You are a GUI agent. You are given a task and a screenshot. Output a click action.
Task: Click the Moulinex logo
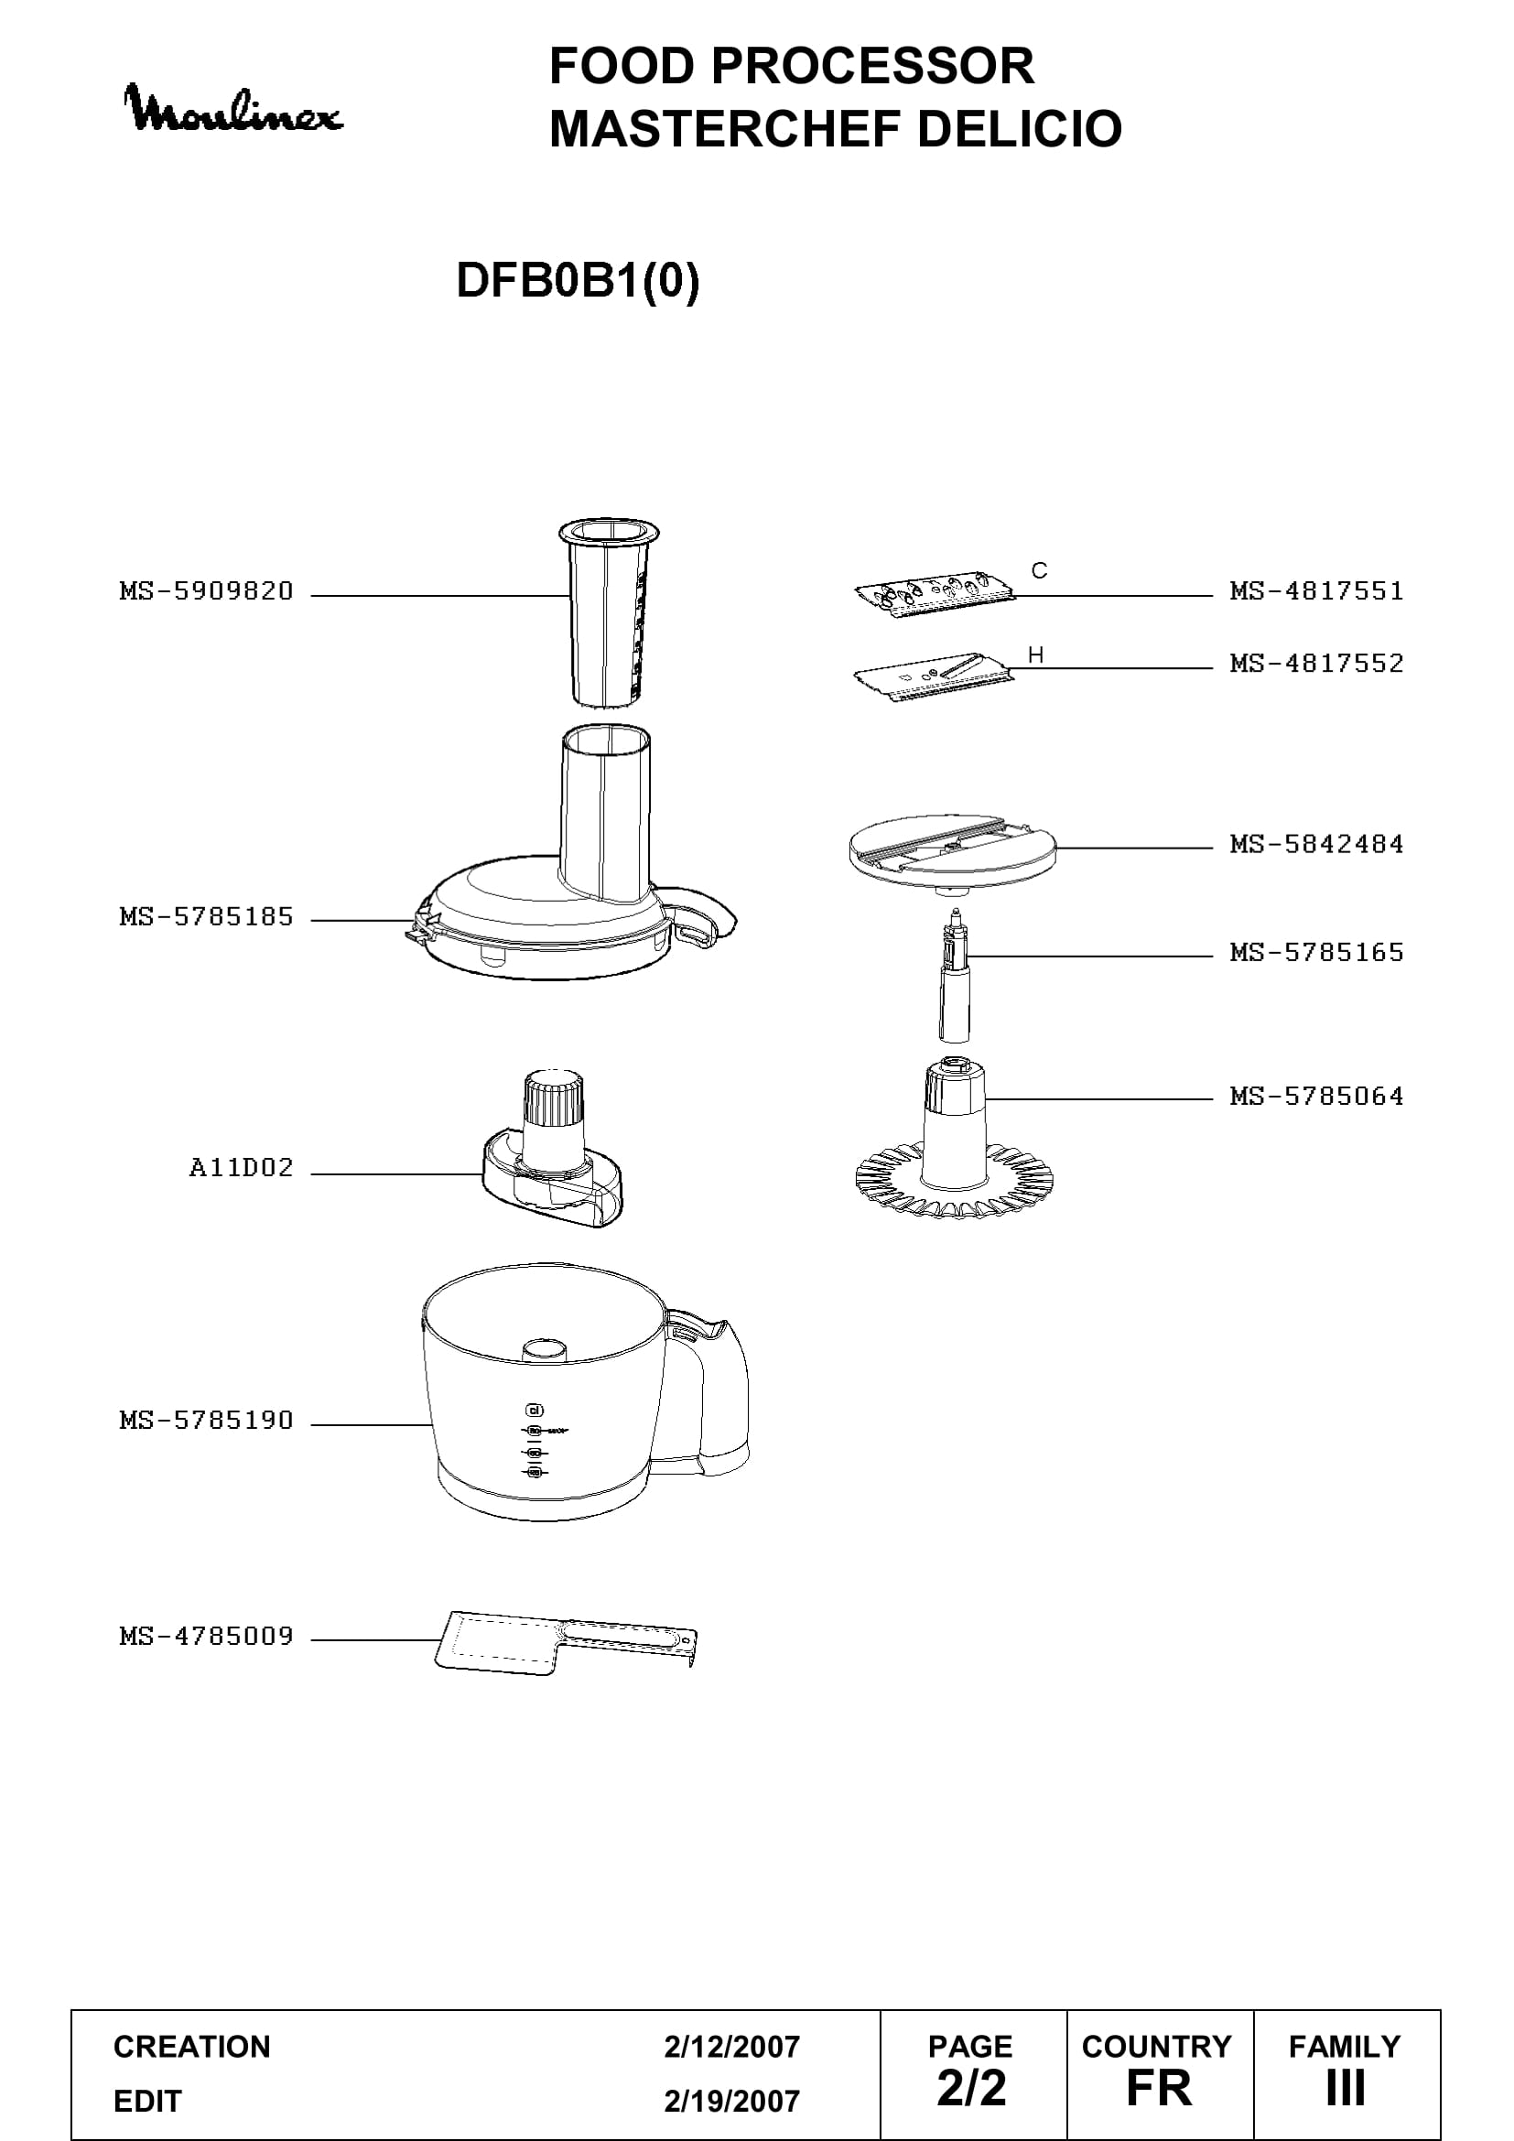pos(233,109)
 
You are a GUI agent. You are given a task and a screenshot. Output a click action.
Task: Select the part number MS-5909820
pos(206,591)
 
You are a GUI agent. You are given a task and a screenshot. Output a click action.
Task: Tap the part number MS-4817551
pos(1316,591)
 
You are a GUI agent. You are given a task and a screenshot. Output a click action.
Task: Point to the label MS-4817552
pos(1316,664)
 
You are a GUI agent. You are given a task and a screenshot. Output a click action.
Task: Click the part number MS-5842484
pos(1316,845)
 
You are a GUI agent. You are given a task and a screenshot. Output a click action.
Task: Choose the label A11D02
pos(242,1167)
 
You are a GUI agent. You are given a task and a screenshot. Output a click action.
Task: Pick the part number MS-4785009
pos(206,1636)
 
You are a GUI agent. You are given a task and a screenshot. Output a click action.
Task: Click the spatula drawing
pos(566,1640)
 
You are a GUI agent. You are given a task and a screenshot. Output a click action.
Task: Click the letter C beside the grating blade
pos(1040,570)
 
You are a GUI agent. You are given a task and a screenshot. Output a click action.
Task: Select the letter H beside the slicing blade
pos(1036,655)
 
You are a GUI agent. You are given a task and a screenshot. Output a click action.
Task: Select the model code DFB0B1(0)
pos(578,280)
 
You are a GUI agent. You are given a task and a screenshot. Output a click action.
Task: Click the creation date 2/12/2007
pos(732,2047)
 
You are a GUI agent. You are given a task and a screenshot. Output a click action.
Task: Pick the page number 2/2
pos(971,2089)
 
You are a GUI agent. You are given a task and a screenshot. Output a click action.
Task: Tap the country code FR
pos(1159,2089)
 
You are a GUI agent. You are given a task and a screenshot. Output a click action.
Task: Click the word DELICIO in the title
pos(1020,129)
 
